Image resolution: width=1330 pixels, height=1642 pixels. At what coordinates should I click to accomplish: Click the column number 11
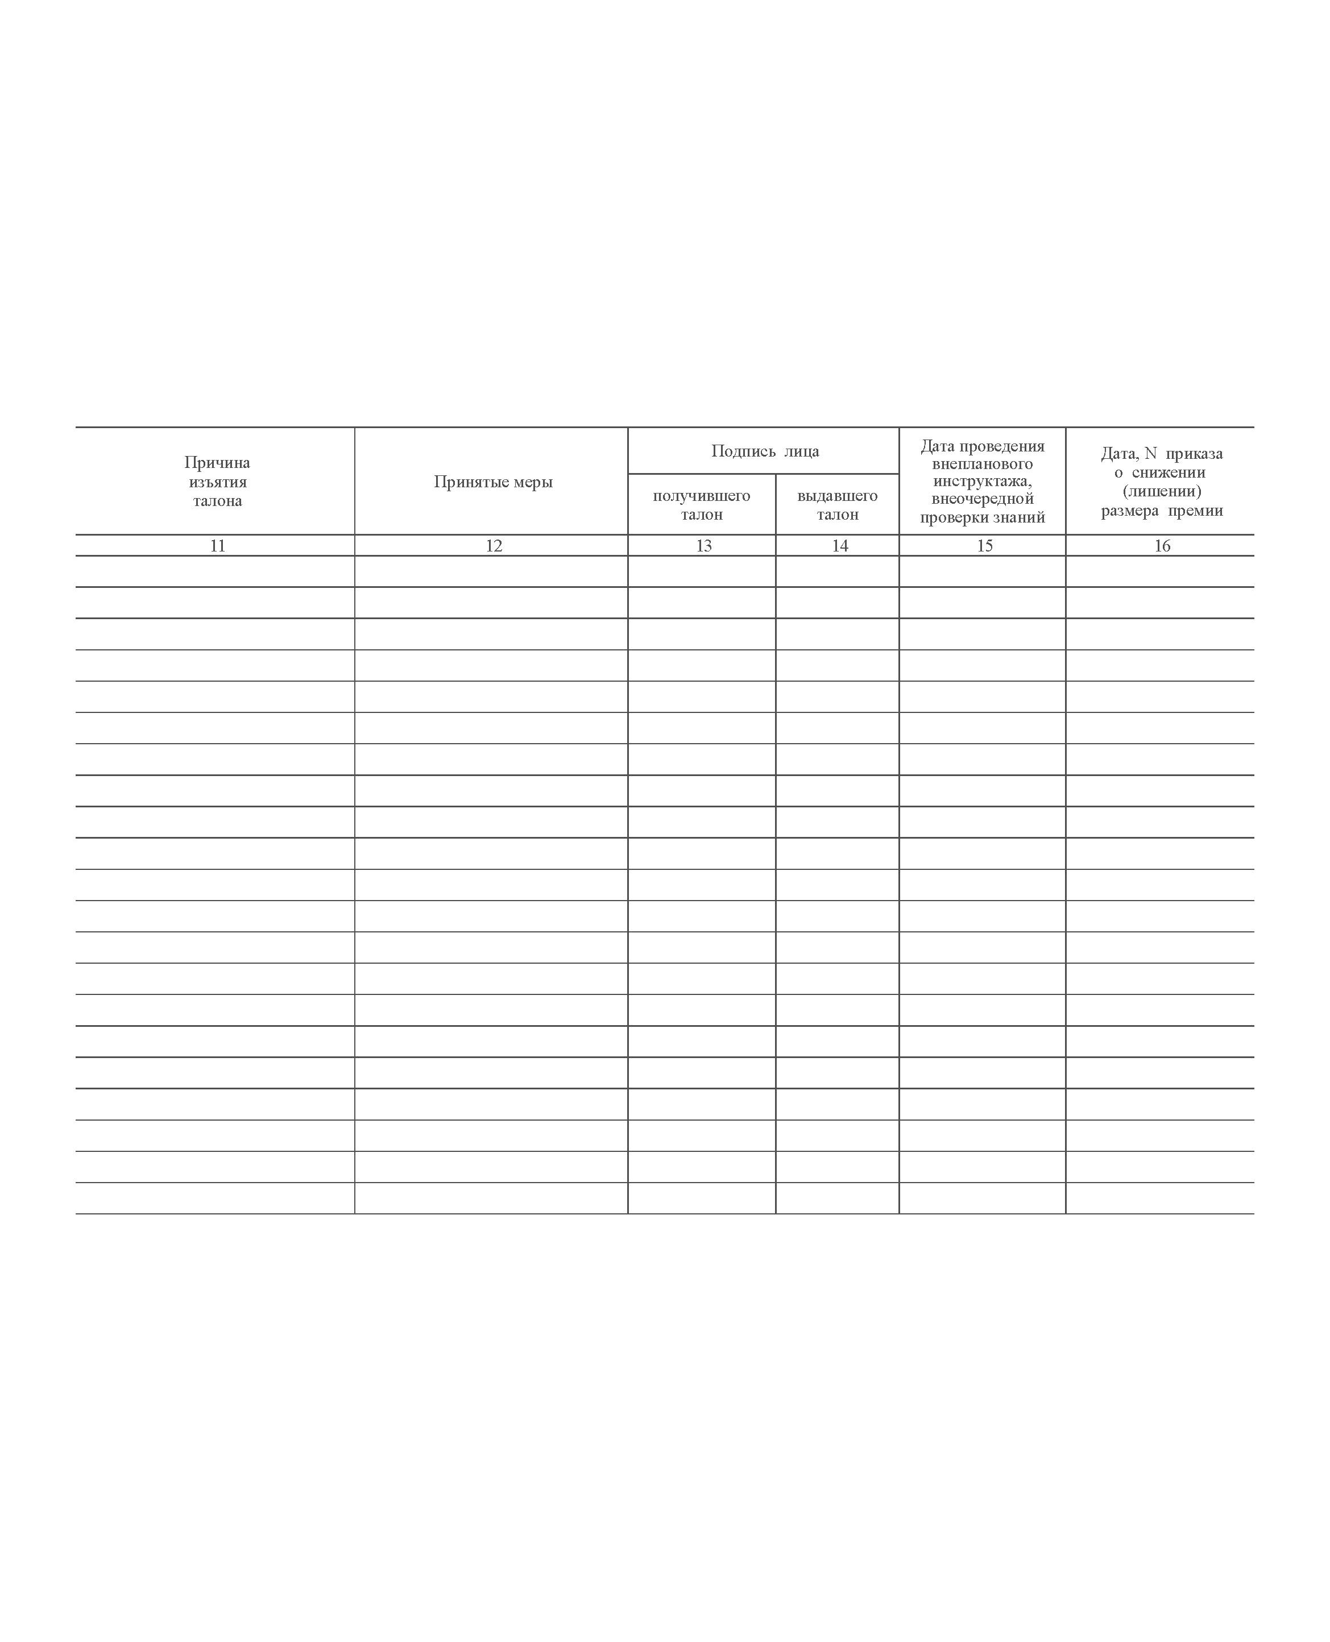click(x=218, y=545)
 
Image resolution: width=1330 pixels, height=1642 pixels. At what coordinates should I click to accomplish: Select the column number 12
click(x=494, y=545)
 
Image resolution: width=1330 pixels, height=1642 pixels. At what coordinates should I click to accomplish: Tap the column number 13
click(x=703, y=545)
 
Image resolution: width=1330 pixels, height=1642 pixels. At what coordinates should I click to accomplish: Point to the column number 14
click(x=840, y=545)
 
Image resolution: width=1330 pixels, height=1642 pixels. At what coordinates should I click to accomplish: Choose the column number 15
click(x=984, y=545)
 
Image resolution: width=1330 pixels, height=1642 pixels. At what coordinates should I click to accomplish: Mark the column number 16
click(x=1162, y=545)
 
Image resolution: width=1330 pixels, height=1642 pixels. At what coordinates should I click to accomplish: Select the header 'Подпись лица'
click(x=765, y=451)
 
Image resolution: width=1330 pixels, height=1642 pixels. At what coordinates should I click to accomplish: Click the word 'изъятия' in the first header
click(x=218, y=482)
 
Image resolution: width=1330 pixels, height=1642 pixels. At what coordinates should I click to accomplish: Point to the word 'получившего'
click(x=701, y=496)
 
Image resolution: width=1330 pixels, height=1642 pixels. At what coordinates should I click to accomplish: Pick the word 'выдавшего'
click(x=838, y=496)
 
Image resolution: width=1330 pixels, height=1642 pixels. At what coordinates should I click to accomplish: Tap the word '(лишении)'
click(x=1162, y=491)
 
